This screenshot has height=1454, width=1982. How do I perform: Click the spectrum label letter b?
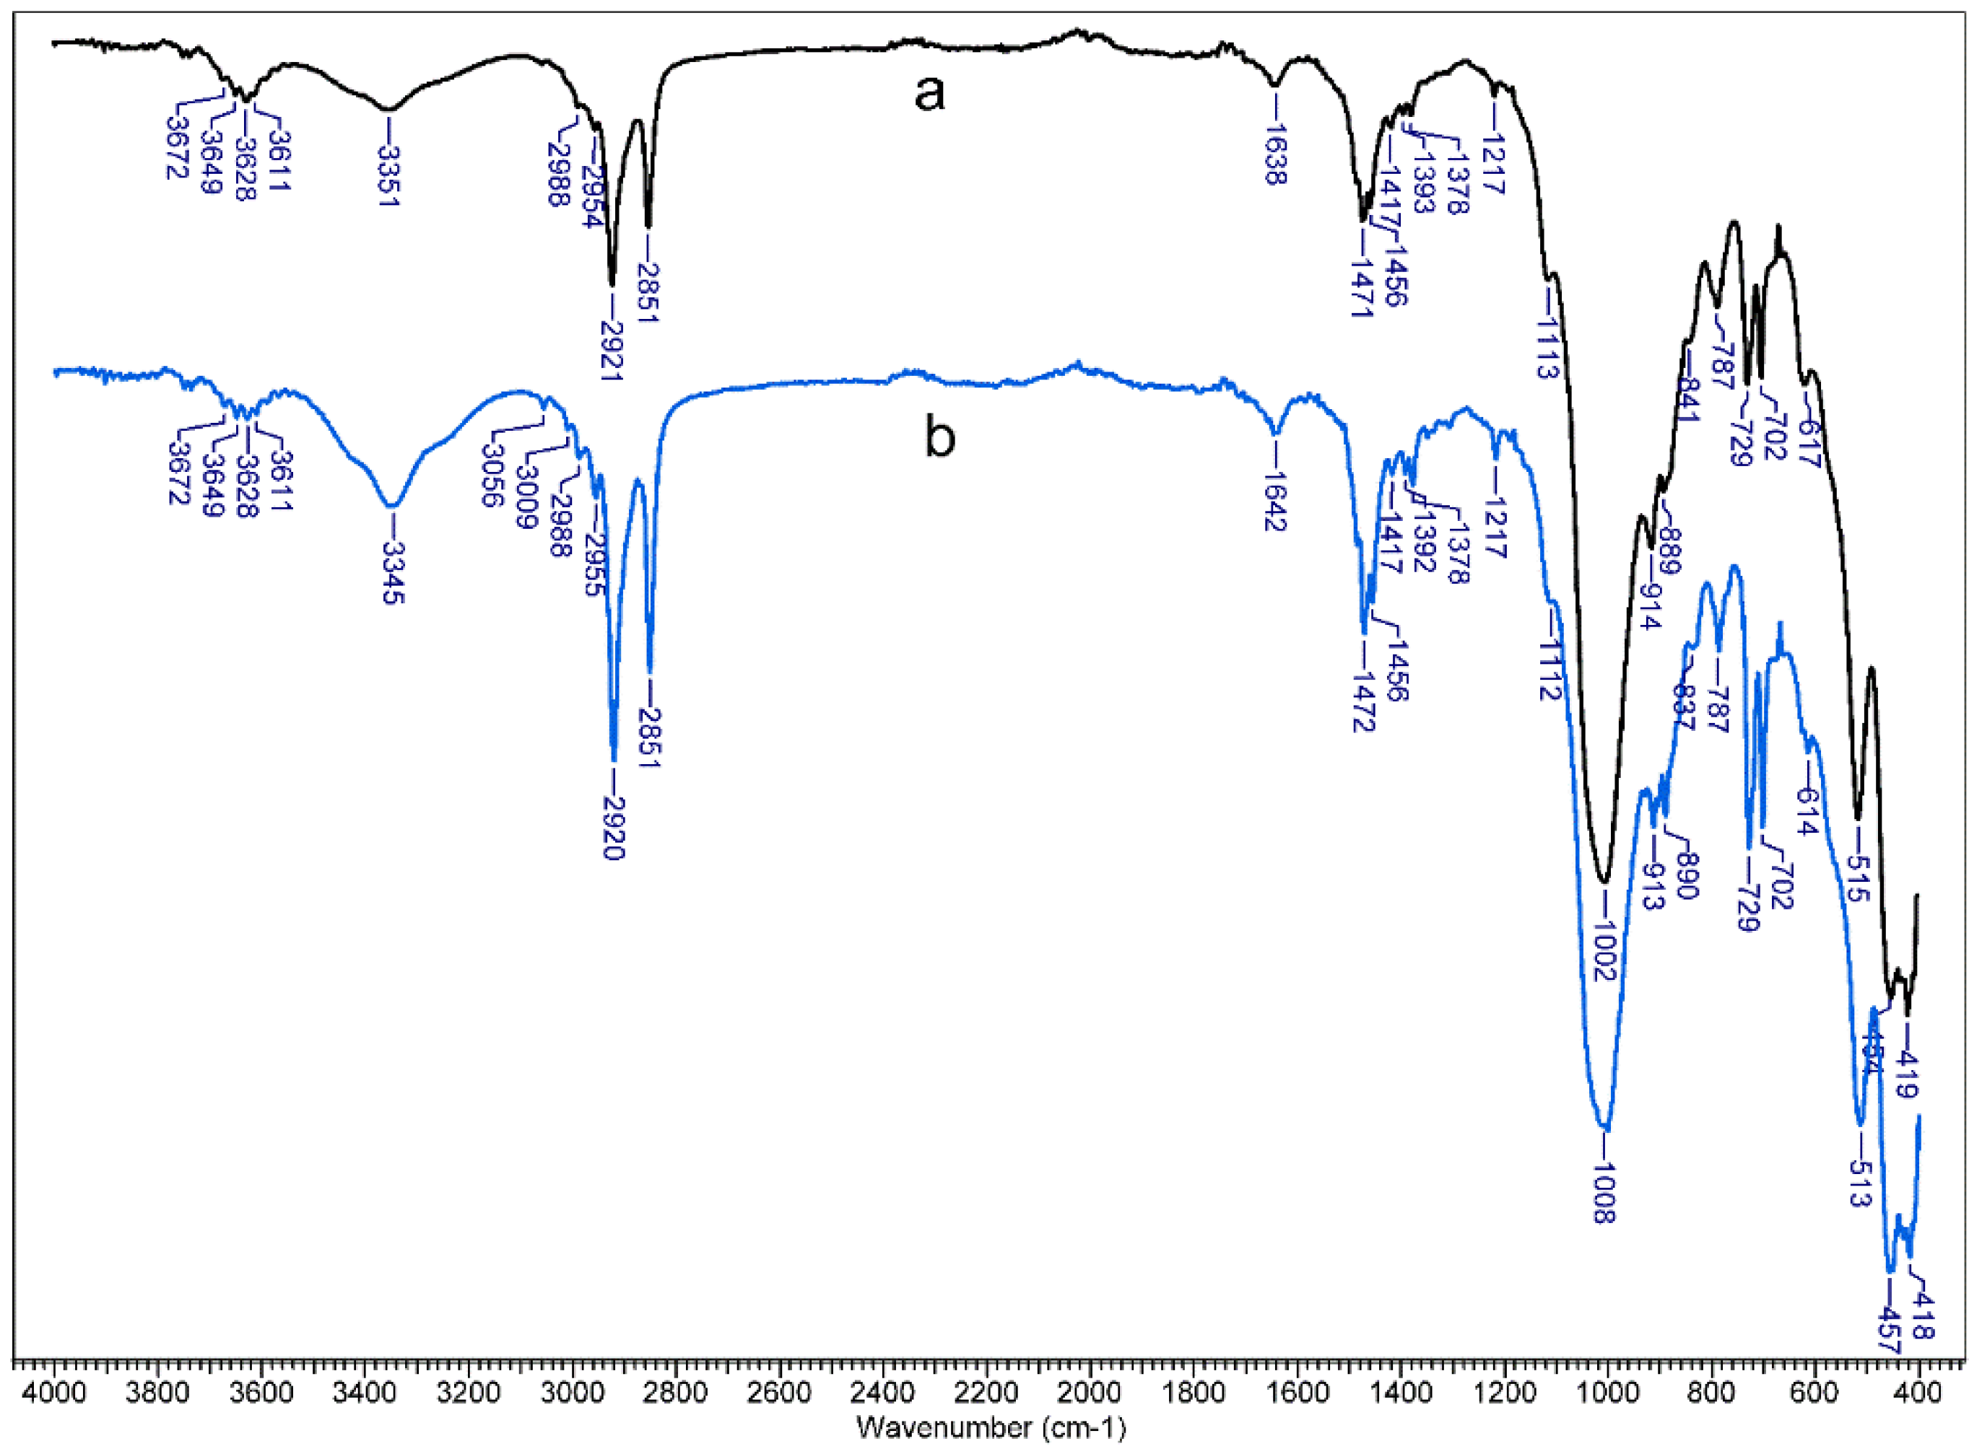tap(939, 437)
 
